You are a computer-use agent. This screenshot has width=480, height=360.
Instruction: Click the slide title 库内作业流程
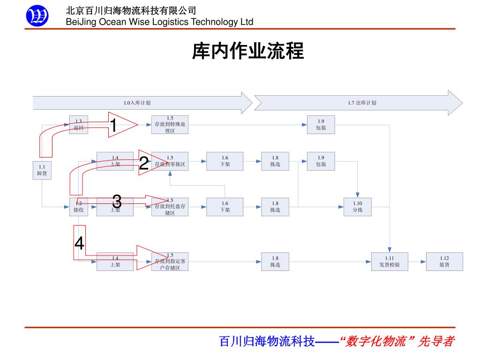click(x=248, y=51)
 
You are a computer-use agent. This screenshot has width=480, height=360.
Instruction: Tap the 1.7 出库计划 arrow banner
click(x=358, y=103)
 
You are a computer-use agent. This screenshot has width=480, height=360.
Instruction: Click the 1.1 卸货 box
click(x=42, y=170)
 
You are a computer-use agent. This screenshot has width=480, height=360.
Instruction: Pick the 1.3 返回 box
click(x=79, y=125)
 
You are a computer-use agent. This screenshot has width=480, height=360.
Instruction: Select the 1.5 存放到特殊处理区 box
click(x=170, y=125)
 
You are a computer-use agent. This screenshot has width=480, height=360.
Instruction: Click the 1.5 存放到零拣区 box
click(x=170, y=161)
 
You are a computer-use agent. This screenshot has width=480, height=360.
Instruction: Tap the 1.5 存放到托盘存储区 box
click(x=170, y=207)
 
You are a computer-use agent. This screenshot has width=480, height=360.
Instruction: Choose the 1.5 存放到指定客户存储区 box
click(x=170, y=262)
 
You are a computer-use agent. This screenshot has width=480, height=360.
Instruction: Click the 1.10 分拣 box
click(x=358, y=207)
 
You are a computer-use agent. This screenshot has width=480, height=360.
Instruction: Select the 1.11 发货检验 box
click(x=390, y=262)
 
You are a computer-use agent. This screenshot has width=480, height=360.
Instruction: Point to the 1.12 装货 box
click(x=444, y=262)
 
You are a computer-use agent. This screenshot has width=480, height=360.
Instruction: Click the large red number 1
click(x=113, y=125)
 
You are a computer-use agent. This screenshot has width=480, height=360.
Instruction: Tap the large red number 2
click(x=144, y=164)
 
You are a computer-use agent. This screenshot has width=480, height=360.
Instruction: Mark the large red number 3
click(x=117, y=202)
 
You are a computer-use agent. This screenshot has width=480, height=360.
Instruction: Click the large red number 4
click(x=80, y=243)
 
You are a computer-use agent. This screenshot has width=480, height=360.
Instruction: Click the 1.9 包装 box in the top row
click(x=321, y=125)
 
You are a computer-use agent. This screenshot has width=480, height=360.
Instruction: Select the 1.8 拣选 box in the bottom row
click(x=275, y=262)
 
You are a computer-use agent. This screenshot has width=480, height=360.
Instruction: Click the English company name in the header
click(x=159, y=22)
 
